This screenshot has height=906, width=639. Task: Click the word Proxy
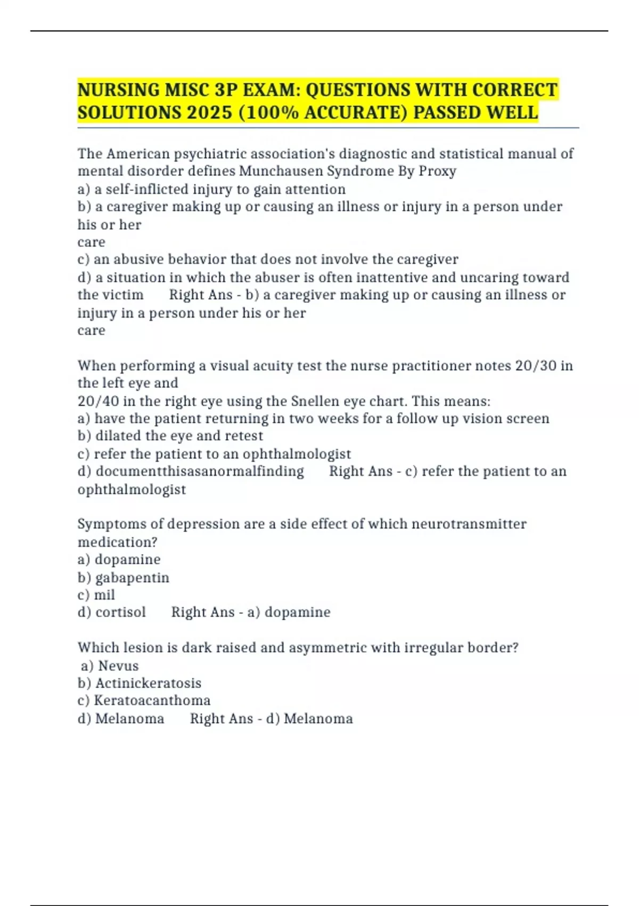point(438,171)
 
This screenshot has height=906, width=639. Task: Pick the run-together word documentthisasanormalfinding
point(200,471)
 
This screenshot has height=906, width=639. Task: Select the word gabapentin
point(132,578)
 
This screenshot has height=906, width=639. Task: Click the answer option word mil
point(104,595)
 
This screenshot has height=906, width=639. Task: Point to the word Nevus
point(118,666)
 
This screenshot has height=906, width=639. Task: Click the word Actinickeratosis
point(148,683)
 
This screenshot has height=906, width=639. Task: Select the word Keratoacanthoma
point(152,700)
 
